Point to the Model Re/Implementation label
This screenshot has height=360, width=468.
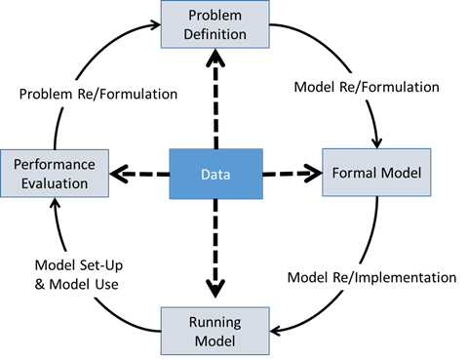[x=371, y=277]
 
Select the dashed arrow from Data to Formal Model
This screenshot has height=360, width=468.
[x=292, y=175]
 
